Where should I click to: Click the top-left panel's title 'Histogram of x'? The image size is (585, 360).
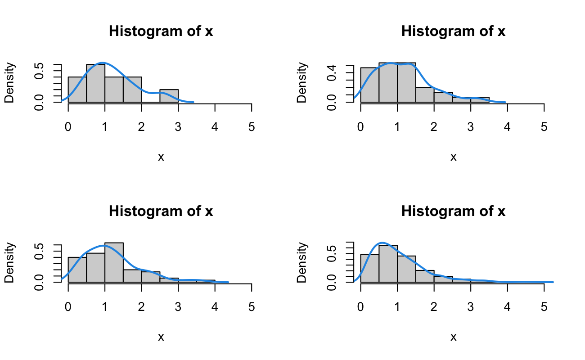click(x=161, y=32)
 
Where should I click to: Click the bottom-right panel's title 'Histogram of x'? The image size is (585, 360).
click(x=453, y=211)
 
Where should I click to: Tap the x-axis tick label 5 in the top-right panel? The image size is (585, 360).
click(x=544, y=127)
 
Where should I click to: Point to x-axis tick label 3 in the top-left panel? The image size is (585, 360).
click(x=178, y=127)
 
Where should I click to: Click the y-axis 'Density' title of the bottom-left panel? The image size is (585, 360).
click(x=10, y=263)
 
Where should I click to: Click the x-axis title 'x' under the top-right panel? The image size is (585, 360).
click(x=453, y=157)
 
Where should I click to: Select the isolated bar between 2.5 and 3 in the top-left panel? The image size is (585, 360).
click(x=169, y=96)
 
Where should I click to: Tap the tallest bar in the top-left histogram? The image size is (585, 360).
click(x=95, y=83)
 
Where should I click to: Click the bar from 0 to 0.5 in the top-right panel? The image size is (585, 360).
click(x=369, y=85)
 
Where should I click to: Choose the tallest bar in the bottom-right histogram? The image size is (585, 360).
click(x=388, y=264)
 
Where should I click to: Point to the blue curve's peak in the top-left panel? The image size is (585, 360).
click(x=103, y=63)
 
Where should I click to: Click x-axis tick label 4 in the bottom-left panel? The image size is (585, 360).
click(x=215, y=307)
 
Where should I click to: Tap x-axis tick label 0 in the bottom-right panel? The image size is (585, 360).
click(x=360, y=307)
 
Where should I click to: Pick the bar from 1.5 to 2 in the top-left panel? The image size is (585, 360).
click(x=132, y=90)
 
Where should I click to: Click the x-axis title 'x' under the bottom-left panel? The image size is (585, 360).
click(x=161, y=337)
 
